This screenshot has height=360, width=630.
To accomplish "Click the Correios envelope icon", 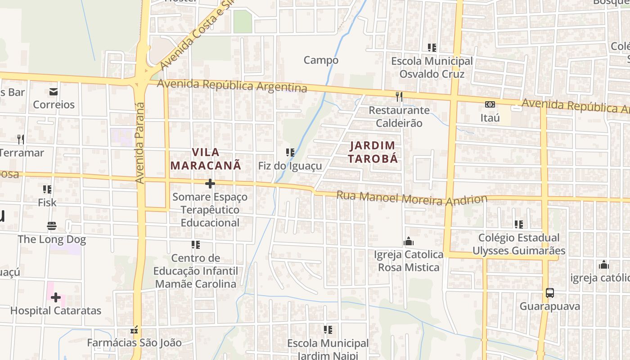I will [54, 92].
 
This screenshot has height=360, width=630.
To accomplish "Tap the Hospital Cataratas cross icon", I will [56, 297].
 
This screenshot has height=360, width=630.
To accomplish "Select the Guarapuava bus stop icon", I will [549, 293].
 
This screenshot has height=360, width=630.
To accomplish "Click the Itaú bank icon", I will [490, 104].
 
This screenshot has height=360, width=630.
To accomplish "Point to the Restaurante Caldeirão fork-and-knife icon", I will [399, 96].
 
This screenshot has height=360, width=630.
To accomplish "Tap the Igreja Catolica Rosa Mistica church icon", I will [409, 242].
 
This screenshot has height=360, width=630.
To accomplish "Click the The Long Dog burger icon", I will [52, 225].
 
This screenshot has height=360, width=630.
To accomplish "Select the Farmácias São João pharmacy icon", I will [134, 330].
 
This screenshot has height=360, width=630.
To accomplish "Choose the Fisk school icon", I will [47, 189].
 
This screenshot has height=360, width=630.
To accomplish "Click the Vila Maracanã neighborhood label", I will [206, 159].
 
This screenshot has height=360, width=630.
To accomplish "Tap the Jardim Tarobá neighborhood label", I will [373, 152].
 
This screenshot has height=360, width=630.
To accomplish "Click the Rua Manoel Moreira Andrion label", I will [412, 198].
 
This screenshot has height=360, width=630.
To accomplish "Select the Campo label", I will [321, 60].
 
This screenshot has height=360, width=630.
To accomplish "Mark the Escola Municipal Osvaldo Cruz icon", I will [432, 47].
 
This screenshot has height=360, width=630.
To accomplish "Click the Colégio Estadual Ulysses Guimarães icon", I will [519, 224].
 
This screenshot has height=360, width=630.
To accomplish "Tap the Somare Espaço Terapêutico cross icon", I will [210, 184].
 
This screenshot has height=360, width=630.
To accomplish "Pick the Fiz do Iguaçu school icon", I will [290, 153].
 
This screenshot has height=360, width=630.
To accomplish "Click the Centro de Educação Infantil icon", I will [196, 245].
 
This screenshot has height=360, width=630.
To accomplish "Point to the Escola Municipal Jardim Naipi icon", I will [328, 330].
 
